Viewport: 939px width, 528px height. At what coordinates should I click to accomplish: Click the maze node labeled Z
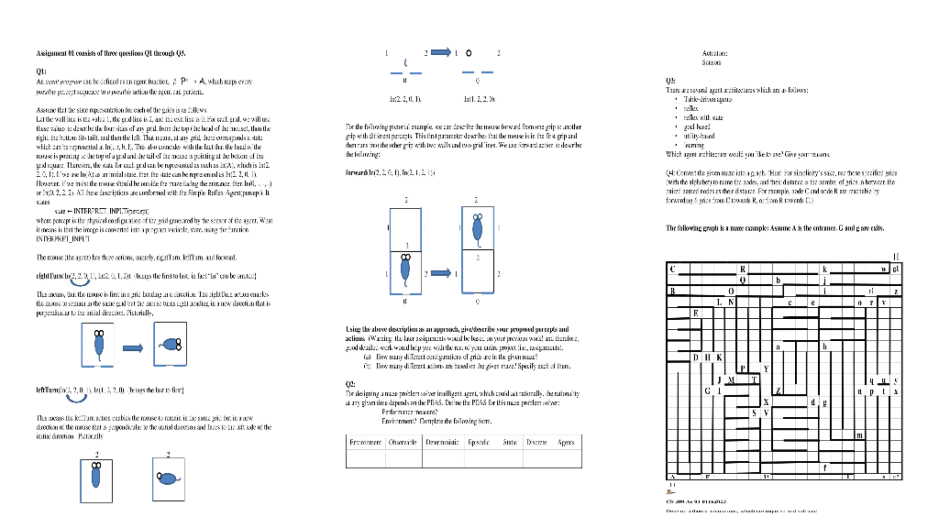coord(778,391)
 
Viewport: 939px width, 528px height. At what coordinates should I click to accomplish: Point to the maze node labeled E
coord(695,313)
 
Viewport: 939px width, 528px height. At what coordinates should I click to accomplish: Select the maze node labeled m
coord(858,435)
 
